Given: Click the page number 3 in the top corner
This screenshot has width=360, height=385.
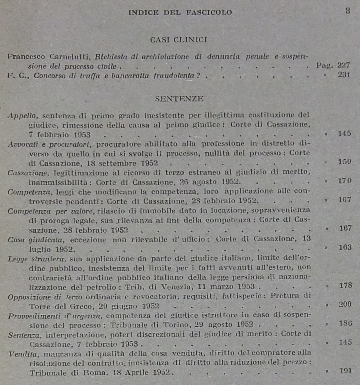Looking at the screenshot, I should coord(348,11).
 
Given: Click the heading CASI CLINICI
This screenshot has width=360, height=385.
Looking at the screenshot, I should coord(178,40).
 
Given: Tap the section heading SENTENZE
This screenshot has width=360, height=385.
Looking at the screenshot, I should coord(179,99).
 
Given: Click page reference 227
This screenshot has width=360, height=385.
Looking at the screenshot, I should coord(344,65).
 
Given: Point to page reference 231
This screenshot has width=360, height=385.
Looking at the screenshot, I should coord(344,75).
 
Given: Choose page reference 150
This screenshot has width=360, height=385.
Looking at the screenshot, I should coord(344,161).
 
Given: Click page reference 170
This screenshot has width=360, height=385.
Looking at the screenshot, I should coord(345,181).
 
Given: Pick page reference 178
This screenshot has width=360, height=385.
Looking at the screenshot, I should coord(345,285).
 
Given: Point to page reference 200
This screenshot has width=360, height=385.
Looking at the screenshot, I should coord(345,304).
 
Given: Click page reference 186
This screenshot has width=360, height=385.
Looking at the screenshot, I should coord(345,323).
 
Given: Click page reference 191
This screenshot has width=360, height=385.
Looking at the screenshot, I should coord(346,371).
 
